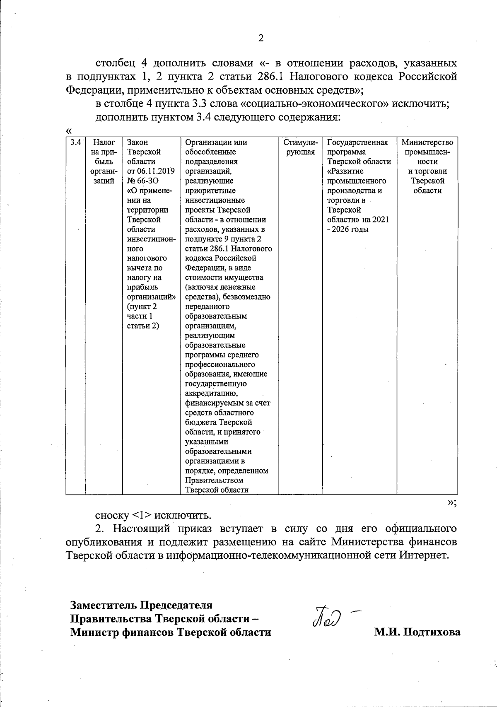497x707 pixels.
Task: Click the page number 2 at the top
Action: tap(261, 39)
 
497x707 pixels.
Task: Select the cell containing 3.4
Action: tap(75, 142)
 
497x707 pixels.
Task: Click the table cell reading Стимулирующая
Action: tap(300, 147)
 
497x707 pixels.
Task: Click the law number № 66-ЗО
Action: tap(143, 181)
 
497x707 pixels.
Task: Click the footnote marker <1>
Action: tap(142, 516)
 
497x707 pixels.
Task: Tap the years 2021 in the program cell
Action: tap(381, 220)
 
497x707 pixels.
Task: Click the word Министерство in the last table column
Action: tap(427, 142)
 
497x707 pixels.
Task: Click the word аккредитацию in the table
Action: tap(211, 393)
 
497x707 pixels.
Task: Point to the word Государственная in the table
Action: tap(357, 142)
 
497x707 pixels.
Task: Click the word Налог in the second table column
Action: tap(101, 142)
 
